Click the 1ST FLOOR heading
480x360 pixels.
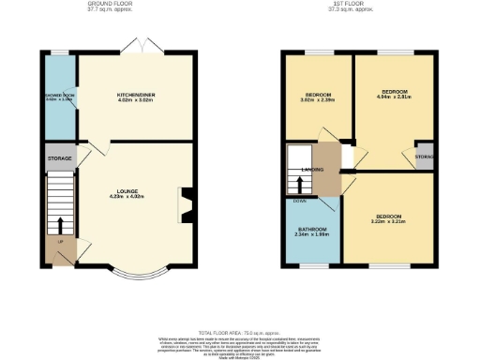344,4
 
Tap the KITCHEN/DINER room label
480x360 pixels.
135,96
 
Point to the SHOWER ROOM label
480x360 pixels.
59,97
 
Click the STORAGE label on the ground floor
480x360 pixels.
60,159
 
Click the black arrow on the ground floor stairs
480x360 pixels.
60,225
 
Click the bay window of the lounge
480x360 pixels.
133,273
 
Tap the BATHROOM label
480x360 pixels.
311,231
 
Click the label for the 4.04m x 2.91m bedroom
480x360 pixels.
392,95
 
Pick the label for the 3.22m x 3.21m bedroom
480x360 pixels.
387,219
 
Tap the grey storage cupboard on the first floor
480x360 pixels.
425,157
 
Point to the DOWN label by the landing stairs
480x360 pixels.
299,200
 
